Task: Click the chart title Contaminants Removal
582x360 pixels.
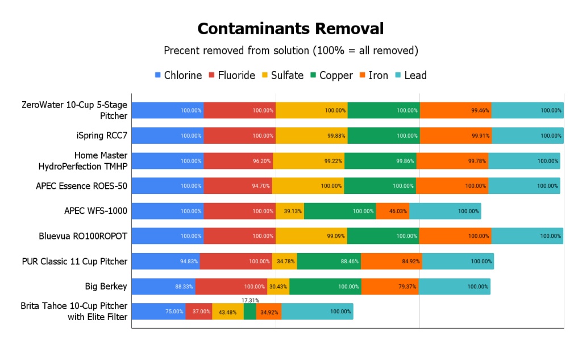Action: (290, 28)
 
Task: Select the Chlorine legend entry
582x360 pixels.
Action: (178, 75)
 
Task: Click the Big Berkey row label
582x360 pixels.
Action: (106, 287)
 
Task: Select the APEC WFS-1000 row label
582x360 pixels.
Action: (95, 211)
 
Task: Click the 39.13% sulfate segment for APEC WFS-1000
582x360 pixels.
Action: (290, 211)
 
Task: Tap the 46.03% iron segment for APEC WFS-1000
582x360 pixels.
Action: (393, 211)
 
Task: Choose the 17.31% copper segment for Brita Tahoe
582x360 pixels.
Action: (250, 312)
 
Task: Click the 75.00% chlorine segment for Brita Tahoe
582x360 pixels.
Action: (159, 312)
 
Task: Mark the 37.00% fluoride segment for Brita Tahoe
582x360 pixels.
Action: (199, 312)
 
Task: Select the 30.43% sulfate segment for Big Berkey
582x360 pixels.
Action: (278, 287)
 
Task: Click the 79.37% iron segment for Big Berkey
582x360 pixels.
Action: (390, 287)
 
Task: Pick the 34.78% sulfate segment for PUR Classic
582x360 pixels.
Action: (284, 262)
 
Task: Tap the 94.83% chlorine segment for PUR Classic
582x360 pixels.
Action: (165, 262)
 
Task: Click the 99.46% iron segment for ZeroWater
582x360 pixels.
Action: (455, 110)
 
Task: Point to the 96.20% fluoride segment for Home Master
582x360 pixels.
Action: (238, 161)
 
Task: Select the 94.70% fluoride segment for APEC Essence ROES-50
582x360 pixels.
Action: (238, 186)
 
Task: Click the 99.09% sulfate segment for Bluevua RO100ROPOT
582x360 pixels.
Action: (311, 236)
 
